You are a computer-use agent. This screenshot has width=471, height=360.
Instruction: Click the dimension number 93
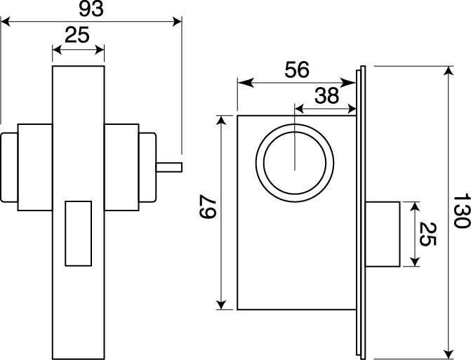click(91, 9)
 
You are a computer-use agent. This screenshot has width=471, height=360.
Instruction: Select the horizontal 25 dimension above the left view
click(77, 35)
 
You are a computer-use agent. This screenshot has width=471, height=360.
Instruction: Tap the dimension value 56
click(297, 69)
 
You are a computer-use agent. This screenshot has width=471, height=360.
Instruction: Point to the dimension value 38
click(327, 95)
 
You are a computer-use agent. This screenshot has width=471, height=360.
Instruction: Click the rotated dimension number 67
click(208, 206)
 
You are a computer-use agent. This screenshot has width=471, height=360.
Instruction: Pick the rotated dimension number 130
click(461, 211)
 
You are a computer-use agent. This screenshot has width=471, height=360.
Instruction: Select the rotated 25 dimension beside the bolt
click(427, 234)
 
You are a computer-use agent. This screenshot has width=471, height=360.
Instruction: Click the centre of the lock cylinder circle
click(295, 163)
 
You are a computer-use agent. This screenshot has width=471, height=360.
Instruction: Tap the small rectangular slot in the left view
click(79, 234)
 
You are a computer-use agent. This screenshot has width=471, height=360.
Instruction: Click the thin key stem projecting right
click(169, 167)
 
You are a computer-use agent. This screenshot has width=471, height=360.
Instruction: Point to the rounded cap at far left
click(9, 167)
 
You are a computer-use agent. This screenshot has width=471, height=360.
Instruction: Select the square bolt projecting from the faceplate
click(383, 234)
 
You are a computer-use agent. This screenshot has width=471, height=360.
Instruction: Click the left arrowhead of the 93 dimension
click(6, 22)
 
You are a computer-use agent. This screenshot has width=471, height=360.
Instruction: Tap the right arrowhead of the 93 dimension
click(178, 22)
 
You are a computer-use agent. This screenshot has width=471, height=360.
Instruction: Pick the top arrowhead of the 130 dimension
click(449, 71)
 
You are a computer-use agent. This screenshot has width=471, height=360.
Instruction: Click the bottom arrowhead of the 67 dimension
click(221, 305)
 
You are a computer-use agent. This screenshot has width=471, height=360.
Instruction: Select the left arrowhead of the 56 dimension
click(246, 83)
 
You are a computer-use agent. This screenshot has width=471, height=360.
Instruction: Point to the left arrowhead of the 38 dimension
click(300, 108)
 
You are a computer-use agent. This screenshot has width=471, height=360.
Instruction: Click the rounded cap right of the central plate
click(148, 167)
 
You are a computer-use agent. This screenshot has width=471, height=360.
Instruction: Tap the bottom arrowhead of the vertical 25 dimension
click(415, 262)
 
